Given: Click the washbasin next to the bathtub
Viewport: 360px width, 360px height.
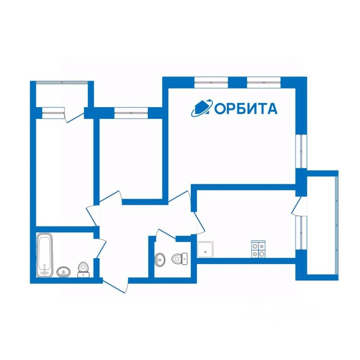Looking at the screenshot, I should (63, 271).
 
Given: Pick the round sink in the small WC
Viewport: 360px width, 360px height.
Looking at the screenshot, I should (160, 259).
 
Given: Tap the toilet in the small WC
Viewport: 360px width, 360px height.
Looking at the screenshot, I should (178, 258).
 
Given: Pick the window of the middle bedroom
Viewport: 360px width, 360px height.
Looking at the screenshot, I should (131, 113).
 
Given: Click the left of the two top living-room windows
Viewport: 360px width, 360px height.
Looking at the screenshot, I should (211, 82).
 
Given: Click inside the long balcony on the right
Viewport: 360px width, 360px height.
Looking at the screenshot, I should (322, 225).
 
